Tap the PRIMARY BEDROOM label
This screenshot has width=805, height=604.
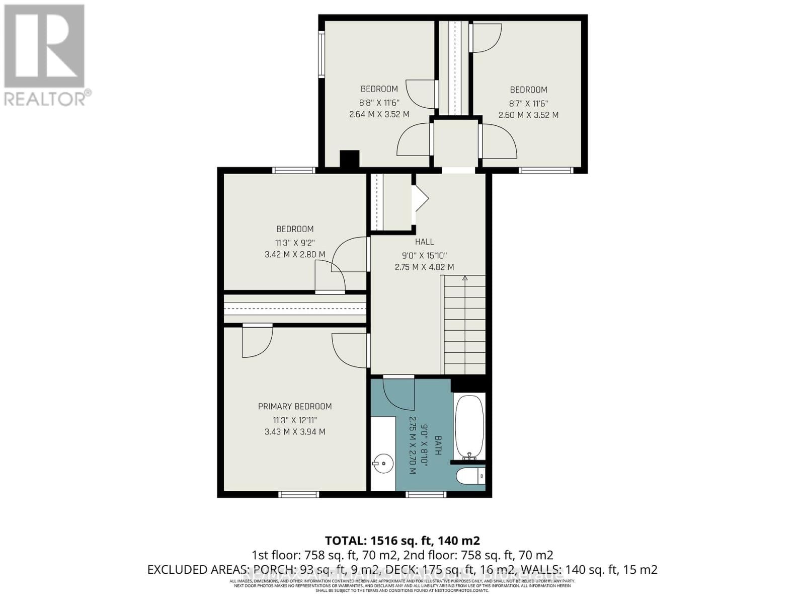point(295,406)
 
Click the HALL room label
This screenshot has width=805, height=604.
point(425,242)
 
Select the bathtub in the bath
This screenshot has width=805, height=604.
point(469,426)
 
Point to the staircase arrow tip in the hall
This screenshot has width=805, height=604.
point(465,277)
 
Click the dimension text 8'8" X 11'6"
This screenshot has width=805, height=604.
point(379,102)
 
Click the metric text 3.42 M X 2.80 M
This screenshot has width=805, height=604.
point(295,255)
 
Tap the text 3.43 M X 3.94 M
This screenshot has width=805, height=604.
point(295,432)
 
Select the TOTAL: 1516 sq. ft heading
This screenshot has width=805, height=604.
point(403,541)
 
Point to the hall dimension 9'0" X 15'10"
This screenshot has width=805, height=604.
point(425,255)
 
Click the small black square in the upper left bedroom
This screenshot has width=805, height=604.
point(349,159)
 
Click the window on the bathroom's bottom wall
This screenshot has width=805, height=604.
point(426,495)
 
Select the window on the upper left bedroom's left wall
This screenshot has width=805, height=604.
point(321,54)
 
